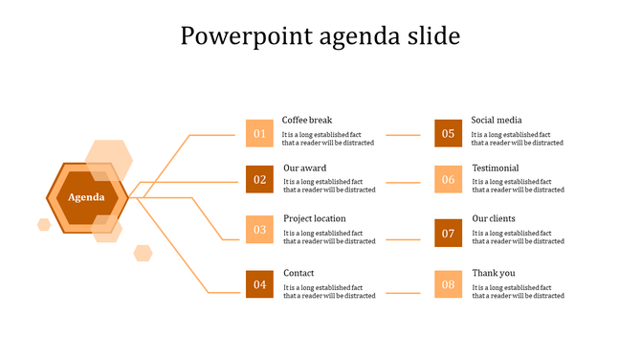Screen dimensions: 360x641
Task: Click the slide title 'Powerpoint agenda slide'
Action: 320,36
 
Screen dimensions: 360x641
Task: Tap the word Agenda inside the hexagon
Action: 87,197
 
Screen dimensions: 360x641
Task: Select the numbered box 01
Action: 259,133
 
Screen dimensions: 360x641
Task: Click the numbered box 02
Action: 259,179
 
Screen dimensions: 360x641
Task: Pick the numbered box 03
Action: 259,230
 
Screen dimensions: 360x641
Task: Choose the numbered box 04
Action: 259,284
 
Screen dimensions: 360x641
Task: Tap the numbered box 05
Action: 448,133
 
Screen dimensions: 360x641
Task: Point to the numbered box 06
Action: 448,179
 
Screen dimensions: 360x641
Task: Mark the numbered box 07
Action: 448,233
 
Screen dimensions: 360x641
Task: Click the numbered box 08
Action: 448,284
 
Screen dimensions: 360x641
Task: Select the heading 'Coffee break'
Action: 306,121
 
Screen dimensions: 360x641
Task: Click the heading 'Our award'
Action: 304,169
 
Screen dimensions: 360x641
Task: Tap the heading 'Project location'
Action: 315,219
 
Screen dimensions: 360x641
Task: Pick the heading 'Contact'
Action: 298,274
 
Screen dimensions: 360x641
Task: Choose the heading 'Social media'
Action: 497,121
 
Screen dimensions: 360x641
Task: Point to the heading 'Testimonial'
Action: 496,169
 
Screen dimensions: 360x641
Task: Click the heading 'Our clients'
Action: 494,219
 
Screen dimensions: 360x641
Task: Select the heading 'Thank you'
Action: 494,274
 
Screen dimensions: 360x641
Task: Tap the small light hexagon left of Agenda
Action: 44,225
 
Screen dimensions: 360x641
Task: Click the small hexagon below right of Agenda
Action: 143,253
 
